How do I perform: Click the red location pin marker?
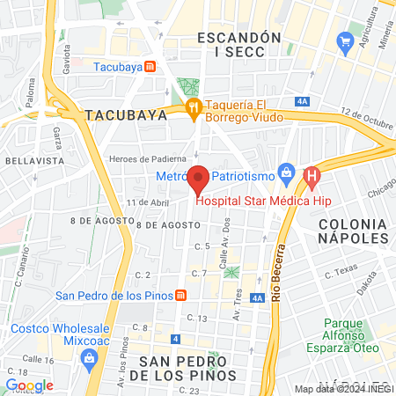(199, 179)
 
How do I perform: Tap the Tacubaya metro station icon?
(150, 66)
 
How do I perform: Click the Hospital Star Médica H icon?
(310, 178)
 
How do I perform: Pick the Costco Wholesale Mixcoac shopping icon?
(89, 357)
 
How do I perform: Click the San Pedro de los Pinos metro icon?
(180, 295)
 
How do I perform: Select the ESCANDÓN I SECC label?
(239, 45)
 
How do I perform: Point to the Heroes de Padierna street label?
(141, 158)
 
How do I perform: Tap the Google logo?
(29, 385)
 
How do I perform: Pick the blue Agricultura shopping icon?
(343, 42)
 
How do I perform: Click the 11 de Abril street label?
(146, 202)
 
